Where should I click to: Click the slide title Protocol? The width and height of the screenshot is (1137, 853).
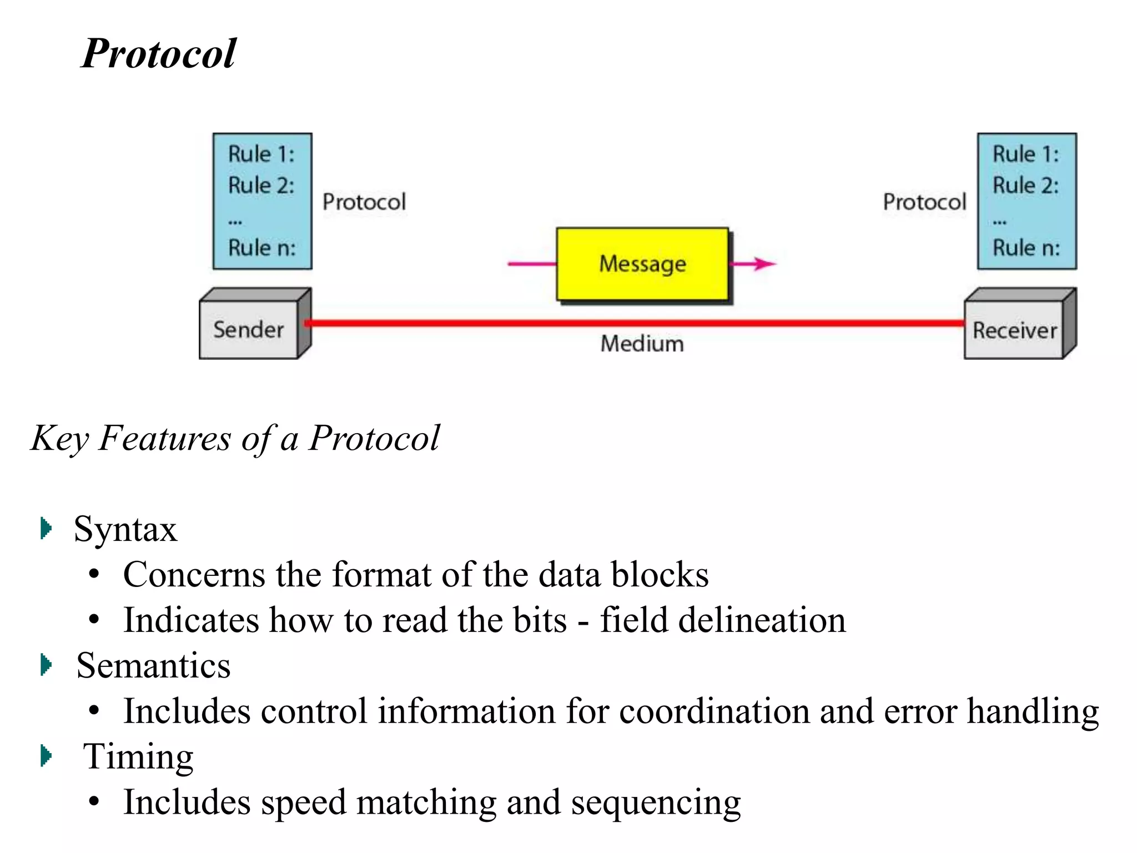[x=159, y=54]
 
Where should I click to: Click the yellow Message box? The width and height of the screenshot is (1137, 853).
[x=642, y=264]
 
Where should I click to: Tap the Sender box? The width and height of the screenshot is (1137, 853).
[x=249, y=330]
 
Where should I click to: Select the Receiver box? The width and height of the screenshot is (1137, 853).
[x=1014, y=330]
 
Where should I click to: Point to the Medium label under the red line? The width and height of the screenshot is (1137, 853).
[x=642, y=344]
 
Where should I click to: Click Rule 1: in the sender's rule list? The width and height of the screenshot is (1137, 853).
[x=261, y=154]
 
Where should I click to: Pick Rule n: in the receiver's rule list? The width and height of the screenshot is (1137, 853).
[x=1026, y=248]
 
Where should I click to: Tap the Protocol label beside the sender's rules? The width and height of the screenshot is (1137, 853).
[x=364, y=202]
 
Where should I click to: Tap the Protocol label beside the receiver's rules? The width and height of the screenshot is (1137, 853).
[x=924, y=202]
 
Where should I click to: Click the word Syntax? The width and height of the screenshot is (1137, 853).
[x=125, y=529]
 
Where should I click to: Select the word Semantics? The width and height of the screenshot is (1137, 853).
[x=153, y=665]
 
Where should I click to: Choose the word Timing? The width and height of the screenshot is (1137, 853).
[x=138, y=756]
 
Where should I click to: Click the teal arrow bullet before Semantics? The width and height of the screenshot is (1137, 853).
[x=47, y=665]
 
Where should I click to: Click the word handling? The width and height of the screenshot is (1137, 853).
[x=1033, y=711]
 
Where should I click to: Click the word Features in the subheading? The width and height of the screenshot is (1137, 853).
[x=164, y=438]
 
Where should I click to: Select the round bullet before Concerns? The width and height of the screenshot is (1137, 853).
[x=94, y=574]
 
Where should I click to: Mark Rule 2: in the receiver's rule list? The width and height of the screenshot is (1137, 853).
[x=1025, y=185]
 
